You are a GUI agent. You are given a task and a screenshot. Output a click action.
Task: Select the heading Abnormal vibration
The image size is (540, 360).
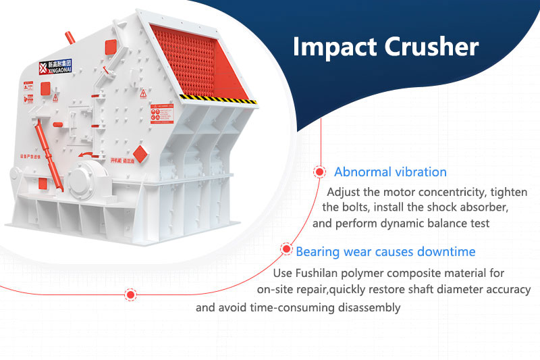click(390, 172)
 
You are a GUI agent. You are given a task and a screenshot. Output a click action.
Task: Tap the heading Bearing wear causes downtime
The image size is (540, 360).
click(385, 252)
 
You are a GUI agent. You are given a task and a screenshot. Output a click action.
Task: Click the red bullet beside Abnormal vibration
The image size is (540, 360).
click(318, 173)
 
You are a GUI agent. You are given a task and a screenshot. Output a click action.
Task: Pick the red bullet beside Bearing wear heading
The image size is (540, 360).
click(286, 252)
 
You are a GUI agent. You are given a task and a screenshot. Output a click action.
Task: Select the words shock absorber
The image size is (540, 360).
click(474, 206)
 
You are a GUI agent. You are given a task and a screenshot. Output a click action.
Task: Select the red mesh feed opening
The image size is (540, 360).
click(203, 61)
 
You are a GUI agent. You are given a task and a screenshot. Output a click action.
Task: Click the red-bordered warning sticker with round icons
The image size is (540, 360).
click(163, 114)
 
